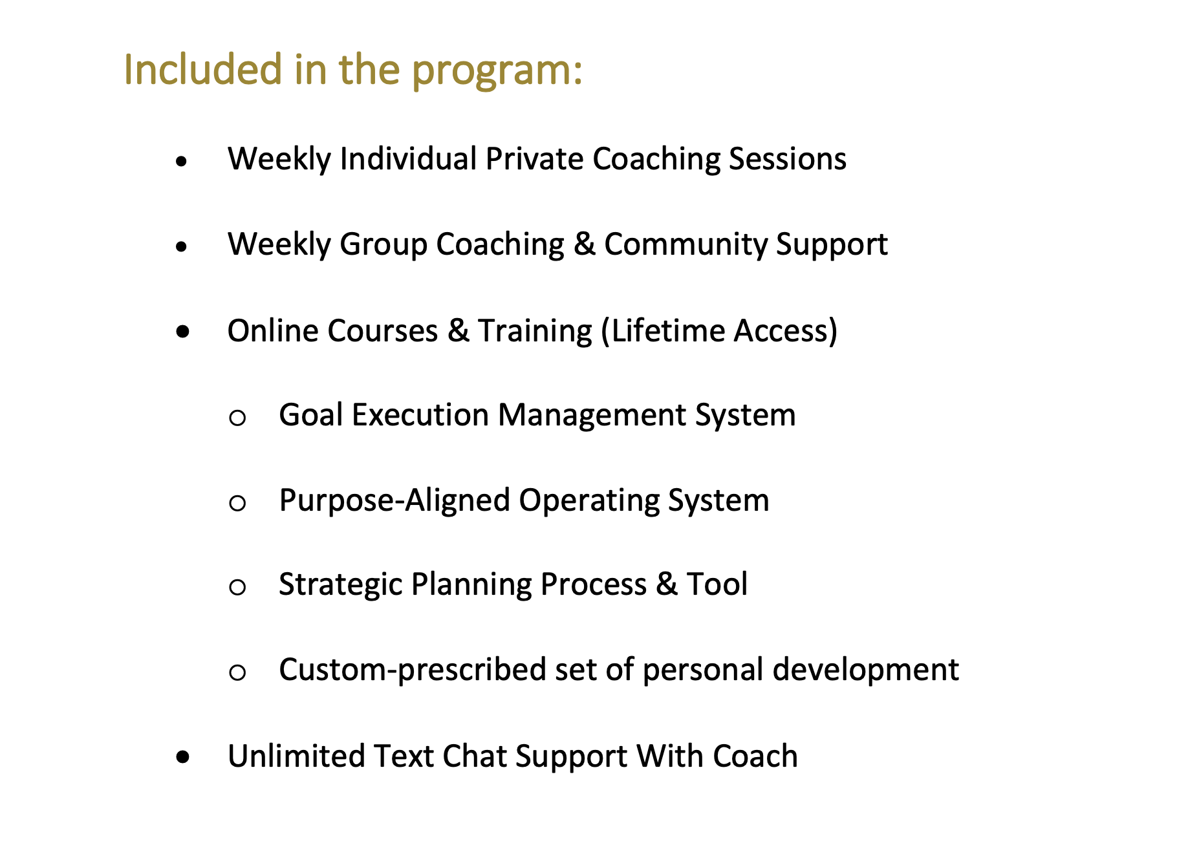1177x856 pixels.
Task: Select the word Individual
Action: (408, 158)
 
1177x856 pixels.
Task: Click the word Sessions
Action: (788, 158)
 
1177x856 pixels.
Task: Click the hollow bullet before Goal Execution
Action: (237, 418)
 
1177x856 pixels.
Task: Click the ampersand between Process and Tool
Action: (666, 584)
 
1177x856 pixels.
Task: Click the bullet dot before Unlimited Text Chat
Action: (183, 757)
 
